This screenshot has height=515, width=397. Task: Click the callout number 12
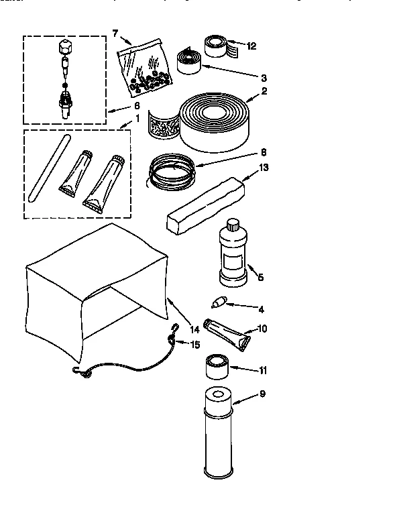click(251, 46)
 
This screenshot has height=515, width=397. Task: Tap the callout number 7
click(115, 33)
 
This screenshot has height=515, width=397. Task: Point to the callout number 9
click(262, 394)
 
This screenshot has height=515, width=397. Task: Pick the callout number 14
click(195, 329)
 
